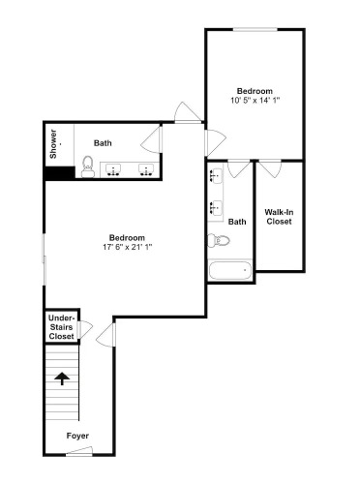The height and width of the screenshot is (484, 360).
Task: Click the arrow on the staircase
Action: pyautogui.click(x=62, y=378)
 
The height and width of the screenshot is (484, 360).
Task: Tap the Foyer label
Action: pyautogui.click(x=77, y=436)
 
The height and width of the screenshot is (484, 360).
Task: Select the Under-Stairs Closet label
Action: pyautogui.click(x=61, y=327)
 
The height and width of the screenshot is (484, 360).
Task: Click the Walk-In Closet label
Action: pyautogui.click(x=279, y=217)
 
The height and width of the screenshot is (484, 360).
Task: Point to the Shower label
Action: pyautogui.click(x=53, y=144)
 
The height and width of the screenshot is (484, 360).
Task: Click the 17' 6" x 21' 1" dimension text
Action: pyautogui.click(x=127, y=247)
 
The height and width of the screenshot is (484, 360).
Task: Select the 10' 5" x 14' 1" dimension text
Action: pyautogui.click(x=255, y=100)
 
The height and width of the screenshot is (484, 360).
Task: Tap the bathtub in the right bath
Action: pyautogui.click(x=230, y=271)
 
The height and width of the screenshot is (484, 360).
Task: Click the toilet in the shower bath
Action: pyautogui.click(x=87, y=166)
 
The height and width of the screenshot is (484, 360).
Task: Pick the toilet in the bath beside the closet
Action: pyautogui.click(x=219, y=240)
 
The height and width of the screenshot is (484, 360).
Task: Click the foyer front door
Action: pyautogui.click(x=79, y=451)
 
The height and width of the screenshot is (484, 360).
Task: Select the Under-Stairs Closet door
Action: pyautogui.click(x=85, y=329)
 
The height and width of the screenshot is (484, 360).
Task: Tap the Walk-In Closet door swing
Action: pyautogui.click(x=270, y=168)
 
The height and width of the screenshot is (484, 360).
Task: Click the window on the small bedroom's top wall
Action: pyautogui.click(x=255, y=30)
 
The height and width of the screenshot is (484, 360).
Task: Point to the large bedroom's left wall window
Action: pyautogui.click(x=45, y=259)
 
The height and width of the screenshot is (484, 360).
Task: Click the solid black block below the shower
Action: pyautogui.click(x=60, y=173)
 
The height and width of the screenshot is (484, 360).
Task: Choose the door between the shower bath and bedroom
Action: pyautogui.click(x=151, y=139)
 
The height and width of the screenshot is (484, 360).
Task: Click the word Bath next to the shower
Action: pyautogui.click(x=103, y=143)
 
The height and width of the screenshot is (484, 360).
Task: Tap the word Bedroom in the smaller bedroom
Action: pyautogui.click(x=255, y=91)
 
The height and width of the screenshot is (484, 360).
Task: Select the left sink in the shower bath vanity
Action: pyautogui.click(x=113, y=169)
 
